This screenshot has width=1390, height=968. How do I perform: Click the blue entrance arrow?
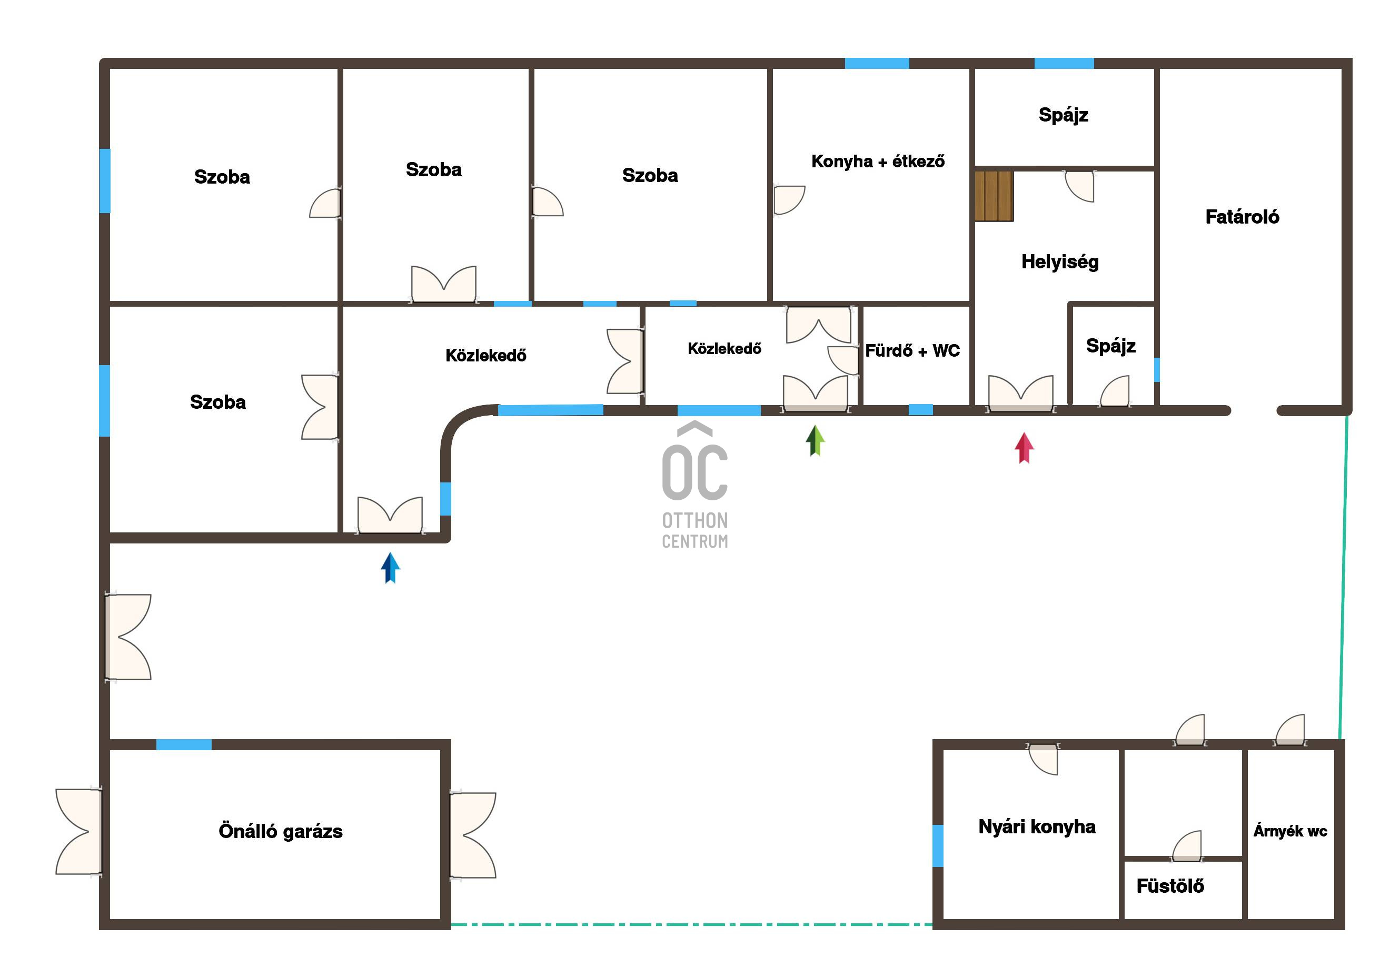pos(391,568)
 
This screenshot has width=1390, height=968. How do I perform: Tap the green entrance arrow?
pos(816,440)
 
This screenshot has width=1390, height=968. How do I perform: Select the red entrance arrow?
pos(1024,448)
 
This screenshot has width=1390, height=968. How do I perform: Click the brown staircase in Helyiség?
pos(994,196)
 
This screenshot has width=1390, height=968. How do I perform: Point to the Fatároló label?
pos(1242,217)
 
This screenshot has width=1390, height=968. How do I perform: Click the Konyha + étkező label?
pos(878,162)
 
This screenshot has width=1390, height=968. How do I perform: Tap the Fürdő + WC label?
pos(912,351)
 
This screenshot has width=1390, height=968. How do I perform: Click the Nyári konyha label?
pos(1037,826)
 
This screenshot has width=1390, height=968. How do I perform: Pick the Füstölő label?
pos(1170,886)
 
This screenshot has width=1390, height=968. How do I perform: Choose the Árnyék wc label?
pos(1290,831)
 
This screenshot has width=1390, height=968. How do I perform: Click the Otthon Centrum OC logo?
pos(695,485)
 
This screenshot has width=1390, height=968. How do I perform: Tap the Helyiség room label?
pos(1060,262)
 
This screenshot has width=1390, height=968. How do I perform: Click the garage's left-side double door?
pos(78,832)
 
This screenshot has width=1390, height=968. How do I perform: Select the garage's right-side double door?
pos(473,835)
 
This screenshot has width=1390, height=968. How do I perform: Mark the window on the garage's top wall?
pos(184,745)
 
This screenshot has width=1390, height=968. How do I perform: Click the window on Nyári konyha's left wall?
pos(938,846)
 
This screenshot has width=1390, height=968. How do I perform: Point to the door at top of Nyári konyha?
pos(1043,759)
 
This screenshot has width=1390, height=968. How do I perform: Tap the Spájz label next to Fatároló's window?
pos(1111,346)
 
